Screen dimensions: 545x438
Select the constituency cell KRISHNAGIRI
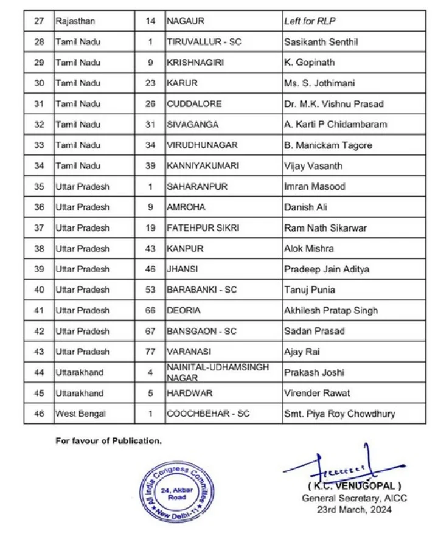[x=193, y=62]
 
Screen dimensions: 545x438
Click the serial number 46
[x=39, y=414]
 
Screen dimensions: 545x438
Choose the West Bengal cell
[x=80, y=414]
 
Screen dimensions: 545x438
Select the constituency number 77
[x=150, y=352]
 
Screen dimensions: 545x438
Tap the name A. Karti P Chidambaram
[x=335, y=124]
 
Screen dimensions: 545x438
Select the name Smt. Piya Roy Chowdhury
[x=339, y=414]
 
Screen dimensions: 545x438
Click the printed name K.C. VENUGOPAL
[x=355, y=486]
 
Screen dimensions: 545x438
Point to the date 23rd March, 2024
[x=355, y=509]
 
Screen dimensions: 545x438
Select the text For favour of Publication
[x=108, y=441]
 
